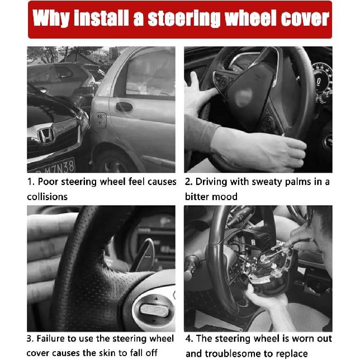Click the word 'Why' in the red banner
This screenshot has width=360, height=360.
click(51, 20)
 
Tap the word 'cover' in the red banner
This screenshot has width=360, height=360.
click(303, 20)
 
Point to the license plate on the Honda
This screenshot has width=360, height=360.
click(51, 167)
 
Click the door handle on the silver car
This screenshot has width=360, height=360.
click(124, 107)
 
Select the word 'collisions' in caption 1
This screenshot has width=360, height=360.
click(47, 197)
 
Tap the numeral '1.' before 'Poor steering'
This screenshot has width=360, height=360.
click(31, 182)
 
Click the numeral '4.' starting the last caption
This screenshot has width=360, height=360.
click(189, 339)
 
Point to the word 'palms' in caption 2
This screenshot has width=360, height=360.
click(297, 182)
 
